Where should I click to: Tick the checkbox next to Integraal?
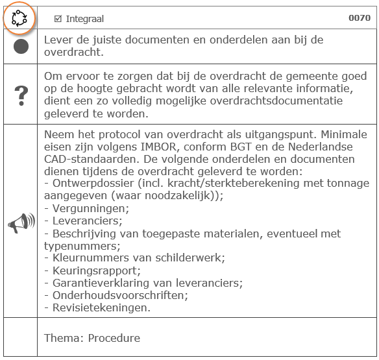pos(58,19)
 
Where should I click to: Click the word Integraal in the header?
pos(84,19)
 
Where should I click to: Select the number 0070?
pos(360,18)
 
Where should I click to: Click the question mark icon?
pos(21,95)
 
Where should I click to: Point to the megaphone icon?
pos(21,224)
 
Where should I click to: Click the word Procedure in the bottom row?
pos(114,338)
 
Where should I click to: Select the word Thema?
pos(63,338)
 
